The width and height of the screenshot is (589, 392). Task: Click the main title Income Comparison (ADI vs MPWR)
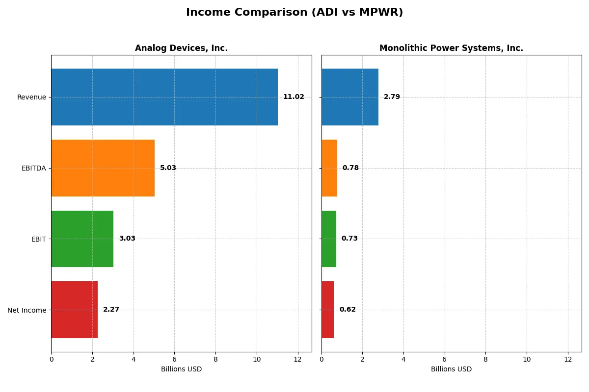(294, 13)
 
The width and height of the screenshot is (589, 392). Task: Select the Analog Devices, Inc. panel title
(181, 49)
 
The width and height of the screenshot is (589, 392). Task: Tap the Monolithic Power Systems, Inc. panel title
(451, 49)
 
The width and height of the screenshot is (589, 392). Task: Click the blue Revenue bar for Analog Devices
(164, 97)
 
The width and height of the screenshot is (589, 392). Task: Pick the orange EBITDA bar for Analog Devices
(103, 168)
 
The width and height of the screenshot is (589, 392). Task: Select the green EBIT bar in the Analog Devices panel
(82, 239)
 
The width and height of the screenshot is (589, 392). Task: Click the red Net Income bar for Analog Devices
(75, 310)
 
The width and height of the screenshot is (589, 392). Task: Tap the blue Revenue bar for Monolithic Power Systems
(350, 97)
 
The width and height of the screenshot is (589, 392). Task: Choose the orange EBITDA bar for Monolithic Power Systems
(329, 168)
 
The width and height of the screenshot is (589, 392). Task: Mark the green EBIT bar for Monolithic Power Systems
(329, 239)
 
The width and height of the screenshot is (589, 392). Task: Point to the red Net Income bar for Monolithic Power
(328, 310)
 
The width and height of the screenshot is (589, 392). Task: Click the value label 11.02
(294, 97)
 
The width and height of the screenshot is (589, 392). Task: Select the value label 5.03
(168, 168)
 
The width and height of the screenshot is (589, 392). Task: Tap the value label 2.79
(392, 97)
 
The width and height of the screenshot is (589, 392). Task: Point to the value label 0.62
(348, 310)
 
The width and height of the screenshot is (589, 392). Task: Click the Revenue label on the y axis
(31, 97)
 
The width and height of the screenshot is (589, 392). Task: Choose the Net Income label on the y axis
(27, 310)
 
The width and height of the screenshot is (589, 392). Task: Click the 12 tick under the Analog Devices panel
(297, 359)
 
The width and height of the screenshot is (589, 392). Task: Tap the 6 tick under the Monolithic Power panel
(445, 359)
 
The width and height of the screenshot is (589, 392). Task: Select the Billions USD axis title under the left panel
(181, 369)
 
